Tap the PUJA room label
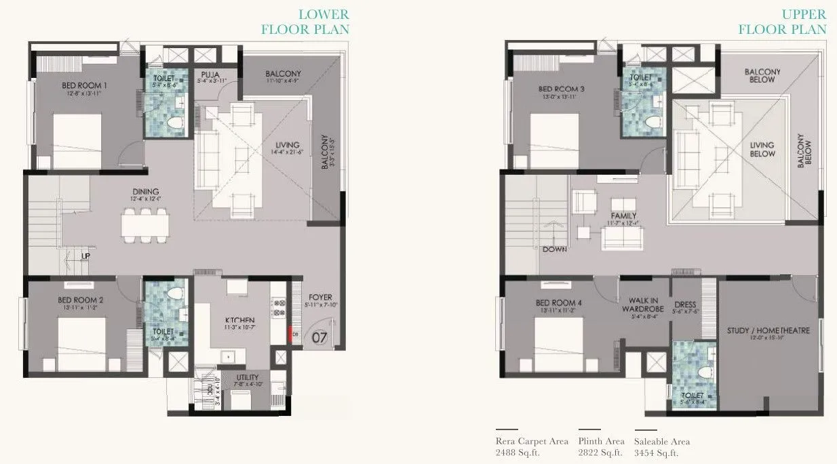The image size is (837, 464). (x=208, y=75)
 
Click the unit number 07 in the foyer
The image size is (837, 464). (x=320, y=335)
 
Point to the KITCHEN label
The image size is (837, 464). (x=240, y=320)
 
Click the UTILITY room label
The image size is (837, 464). (x=247, y=378)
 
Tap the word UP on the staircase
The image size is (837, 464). (x=85, y=257)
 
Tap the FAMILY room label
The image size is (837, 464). (x=623, y=216)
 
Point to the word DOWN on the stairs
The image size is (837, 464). (x=554, y=249)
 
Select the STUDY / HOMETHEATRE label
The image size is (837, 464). (x=768, y=331)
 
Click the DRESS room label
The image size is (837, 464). (x=684, y=304)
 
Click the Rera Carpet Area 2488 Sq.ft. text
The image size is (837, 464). (x=532, y=448)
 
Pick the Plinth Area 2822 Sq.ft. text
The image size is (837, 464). (x=601, y=448)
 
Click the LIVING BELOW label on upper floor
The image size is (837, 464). (x=762, y=149)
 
